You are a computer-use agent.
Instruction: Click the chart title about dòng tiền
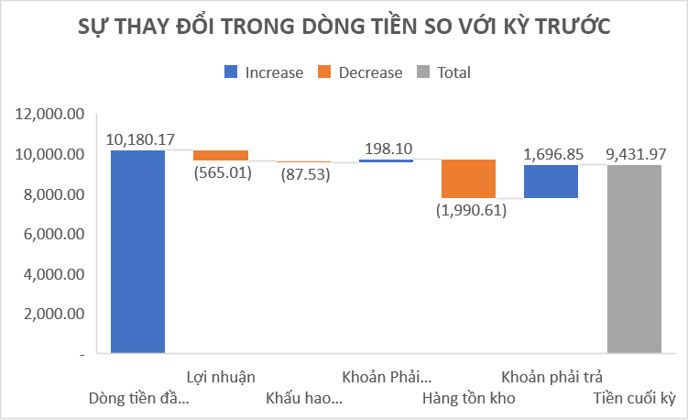coord(344,28)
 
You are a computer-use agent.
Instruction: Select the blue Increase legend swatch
coord(231,72)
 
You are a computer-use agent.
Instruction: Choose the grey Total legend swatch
coord(424,72)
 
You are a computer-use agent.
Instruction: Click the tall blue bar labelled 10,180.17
coord(137,251)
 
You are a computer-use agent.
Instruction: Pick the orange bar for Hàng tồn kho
coord(468,179)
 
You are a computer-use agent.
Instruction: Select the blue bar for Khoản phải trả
coord(551,182)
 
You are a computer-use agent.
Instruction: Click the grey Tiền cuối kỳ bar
coord(634,259)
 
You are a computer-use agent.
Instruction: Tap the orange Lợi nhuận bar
coord(220,155)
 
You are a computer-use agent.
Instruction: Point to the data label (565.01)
coord(221,172)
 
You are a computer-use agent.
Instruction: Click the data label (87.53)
coord(303,174)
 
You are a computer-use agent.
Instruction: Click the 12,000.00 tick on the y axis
coord(50,115)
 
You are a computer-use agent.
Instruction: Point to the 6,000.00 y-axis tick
coord(54,234)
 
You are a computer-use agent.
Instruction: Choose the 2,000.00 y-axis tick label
coord(54,314)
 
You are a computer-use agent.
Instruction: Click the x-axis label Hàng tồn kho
coord(468,399)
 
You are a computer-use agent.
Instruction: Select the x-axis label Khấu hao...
coord(304,399)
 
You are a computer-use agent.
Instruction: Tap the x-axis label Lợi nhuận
coord(220,376)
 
